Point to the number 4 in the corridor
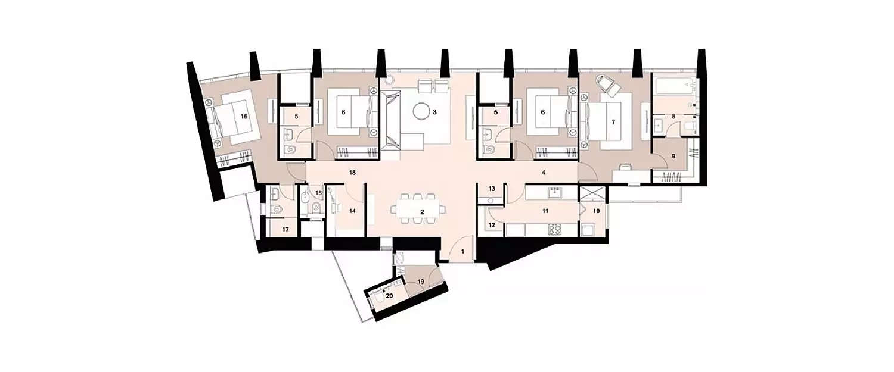tap(544, 173)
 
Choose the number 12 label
tap(492, 226)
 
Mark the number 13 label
tap(492, 189)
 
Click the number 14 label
tap(351, 211)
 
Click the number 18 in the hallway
tap(352, 173)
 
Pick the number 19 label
tap(421, 281)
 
